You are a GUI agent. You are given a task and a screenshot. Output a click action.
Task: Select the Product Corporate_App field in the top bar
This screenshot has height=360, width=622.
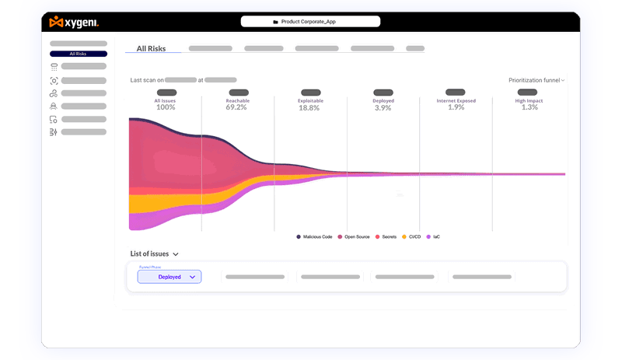tap(310, 22)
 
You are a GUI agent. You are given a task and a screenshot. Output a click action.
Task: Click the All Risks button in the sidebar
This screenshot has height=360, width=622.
tap(78, 54)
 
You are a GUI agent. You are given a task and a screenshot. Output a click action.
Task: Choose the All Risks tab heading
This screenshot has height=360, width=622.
tap(151, 48)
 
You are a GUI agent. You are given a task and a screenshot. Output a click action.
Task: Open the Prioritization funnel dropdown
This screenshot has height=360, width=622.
tap(536, 80)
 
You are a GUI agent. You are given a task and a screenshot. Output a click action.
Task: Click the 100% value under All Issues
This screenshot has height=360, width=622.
tap(166, 107)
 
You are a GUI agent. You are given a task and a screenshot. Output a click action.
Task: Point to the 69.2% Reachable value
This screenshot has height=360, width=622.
tap(237, 107)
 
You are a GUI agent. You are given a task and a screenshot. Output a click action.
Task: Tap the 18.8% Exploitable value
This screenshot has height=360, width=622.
tap(309, 107)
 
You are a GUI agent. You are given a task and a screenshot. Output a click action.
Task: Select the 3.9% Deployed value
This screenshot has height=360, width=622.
tap(383, 107)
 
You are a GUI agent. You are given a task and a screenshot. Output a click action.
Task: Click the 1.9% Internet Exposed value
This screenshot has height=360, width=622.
tap(456, 107)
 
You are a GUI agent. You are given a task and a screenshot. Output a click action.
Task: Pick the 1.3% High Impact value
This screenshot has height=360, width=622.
tap(529, 107)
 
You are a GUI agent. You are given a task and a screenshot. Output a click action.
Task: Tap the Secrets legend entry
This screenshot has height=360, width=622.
tap(388, 236)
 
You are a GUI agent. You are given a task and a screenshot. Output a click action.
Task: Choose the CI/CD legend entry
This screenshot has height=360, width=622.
tap(412, 236)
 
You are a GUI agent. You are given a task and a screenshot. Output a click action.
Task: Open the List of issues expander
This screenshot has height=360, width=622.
tap(155, 253)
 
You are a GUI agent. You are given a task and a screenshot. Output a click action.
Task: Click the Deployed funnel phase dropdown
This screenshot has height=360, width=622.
tap(169, 277)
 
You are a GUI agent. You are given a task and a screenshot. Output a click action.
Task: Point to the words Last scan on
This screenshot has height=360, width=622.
tap(147, 79)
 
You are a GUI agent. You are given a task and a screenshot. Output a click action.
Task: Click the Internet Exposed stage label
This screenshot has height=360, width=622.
tap(456, 101)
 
